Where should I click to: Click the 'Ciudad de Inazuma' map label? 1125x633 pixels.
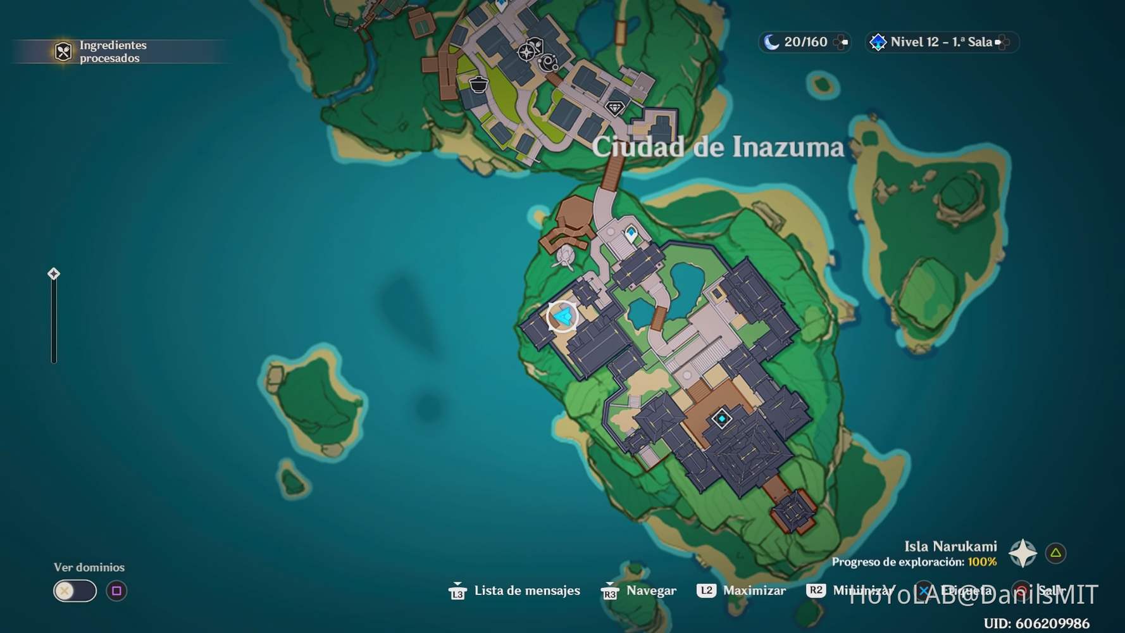(x=718, y=147)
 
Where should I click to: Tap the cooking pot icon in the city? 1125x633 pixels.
(x=478, y=84)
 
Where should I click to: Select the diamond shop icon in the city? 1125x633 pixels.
(x=614, y=108)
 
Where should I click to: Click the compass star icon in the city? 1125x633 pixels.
(x=526, y=52)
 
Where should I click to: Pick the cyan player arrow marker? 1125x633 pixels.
(x=562, y=316)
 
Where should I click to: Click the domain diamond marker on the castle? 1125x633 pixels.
(x=721, y=418)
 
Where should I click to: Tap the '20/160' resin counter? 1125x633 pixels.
(x=805, y=42)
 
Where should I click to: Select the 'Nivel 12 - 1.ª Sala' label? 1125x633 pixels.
(x=941, y=42)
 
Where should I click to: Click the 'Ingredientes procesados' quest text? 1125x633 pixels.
(x=113, y=52)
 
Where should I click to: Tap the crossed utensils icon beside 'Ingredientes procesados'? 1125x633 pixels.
(x=63, y=52)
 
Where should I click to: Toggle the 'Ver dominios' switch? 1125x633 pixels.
(x=75, y=591)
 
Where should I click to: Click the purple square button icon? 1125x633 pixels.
(x=116, y=591)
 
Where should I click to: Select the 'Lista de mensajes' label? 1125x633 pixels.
(x=526, y=591)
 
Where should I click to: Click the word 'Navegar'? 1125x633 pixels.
(x=651, y=591)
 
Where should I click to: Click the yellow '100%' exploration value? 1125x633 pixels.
(x=982, y=562)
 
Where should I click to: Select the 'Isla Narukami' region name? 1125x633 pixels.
(x=950, y=546)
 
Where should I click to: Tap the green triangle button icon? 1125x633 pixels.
(x=1055, y=553)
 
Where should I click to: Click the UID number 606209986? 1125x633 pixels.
(x=1052, y=624)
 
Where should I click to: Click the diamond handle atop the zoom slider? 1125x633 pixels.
(x=54, y=273)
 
